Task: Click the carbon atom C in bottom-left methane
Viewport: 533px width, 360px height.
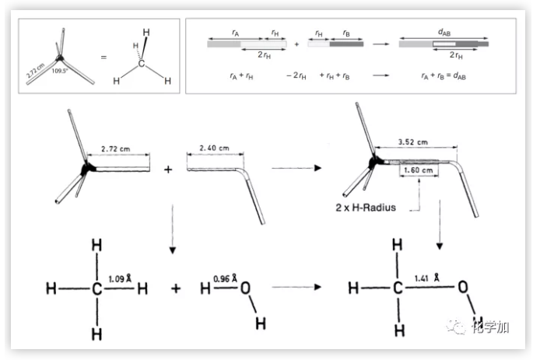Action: point(96,288)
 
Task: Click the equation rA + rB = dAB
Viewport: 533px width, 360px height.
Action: point(440,76)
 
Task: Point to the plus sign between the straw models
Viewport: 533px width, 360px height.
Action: point(168,168)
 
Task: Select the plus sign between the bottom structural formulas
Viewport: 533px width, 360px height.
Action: point(176,288)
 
